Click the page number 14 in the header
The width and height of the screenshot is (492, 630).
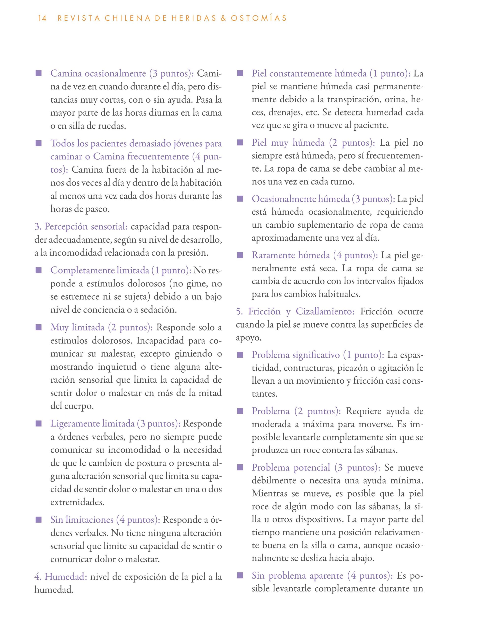(42, 18)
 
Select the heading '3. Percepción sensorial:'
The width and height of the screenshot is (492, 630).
(81, 226)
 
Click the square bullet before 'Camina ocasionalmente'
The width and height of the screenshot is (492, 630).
(39, 74)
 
